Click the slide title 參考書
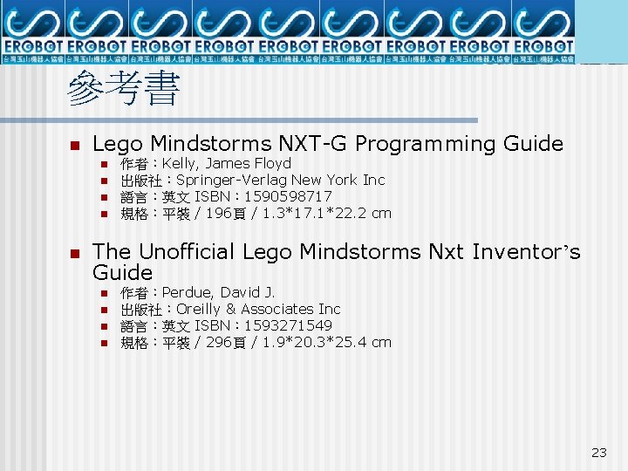[x=123, y=90]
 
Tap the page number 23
[x=598, y=452]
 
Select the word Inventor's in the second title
[x=526, y=252]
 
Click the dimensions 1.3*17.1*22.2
[x=313, y=213]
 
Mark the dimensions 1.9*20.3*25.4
[x=313, y=342]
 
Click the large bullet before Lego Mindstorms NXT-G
[x=74, y=145]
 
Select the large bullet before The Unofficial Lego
[x=74, y=253]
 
